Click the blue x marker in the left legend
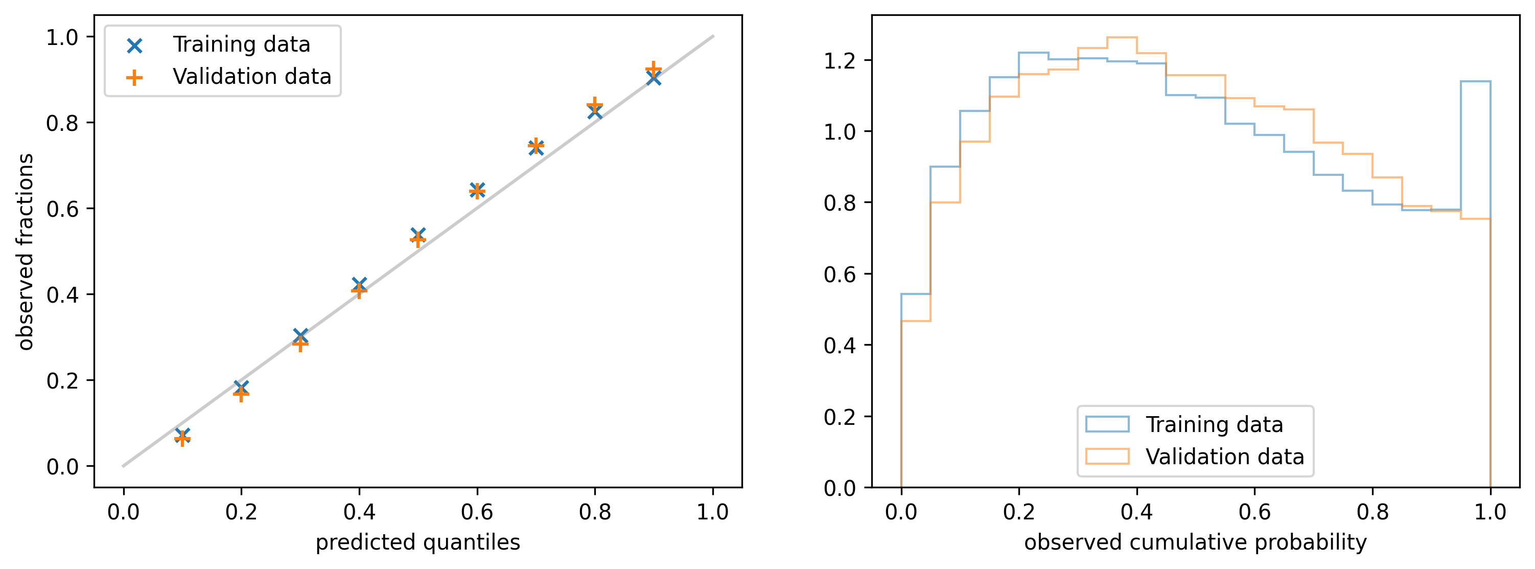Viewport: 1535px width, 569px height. click(135, 45)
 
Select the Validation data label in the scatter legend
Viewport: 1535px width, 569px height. click(251, 77)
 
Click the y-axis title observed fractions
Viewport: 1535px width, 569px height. click(25, 251)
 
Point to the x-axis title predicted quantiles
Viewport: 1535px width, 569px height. click(417, 542)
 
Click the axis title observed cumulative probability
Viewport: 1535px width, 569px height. click(1195, 542)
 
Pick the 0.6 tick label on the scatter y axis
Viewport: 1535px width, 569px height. click(62, 209)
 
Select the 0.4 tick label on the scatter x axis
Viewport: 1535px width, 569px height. click(359, 512)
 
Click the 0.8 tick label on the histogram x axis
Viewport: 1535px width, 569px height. click(1373, 512)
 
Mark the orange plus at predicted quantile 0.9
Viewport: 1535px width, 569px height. click(654, 69)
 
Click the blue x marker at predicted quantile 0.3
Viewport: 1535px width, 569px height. click(300, 335)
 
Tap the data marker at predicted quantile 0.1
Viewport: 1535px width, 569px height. click(182, 437)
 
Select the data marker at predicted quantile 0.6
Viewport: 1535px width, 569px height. click(477, 190)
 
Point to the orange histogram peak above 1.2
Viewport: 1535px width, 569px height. click(1122, 38)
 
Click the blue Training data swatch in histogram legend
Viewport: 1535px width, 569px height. click(1107, 424)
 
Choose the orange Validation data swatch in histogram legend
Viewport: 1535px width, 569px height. click(1107, 456)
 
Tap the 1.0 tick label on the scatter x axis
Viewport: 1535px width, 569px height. click(713, 512)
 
